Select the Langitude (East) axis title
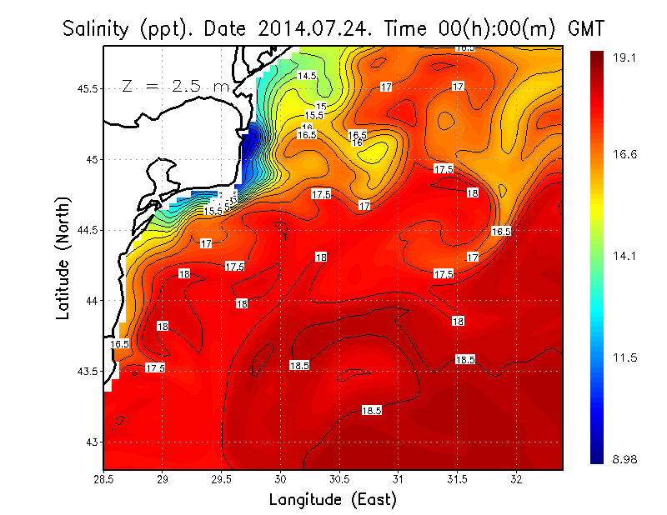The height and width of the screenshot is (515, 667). tap(332, 500)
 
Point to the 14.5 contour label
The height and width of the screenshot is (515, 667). tap(307, 76)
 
